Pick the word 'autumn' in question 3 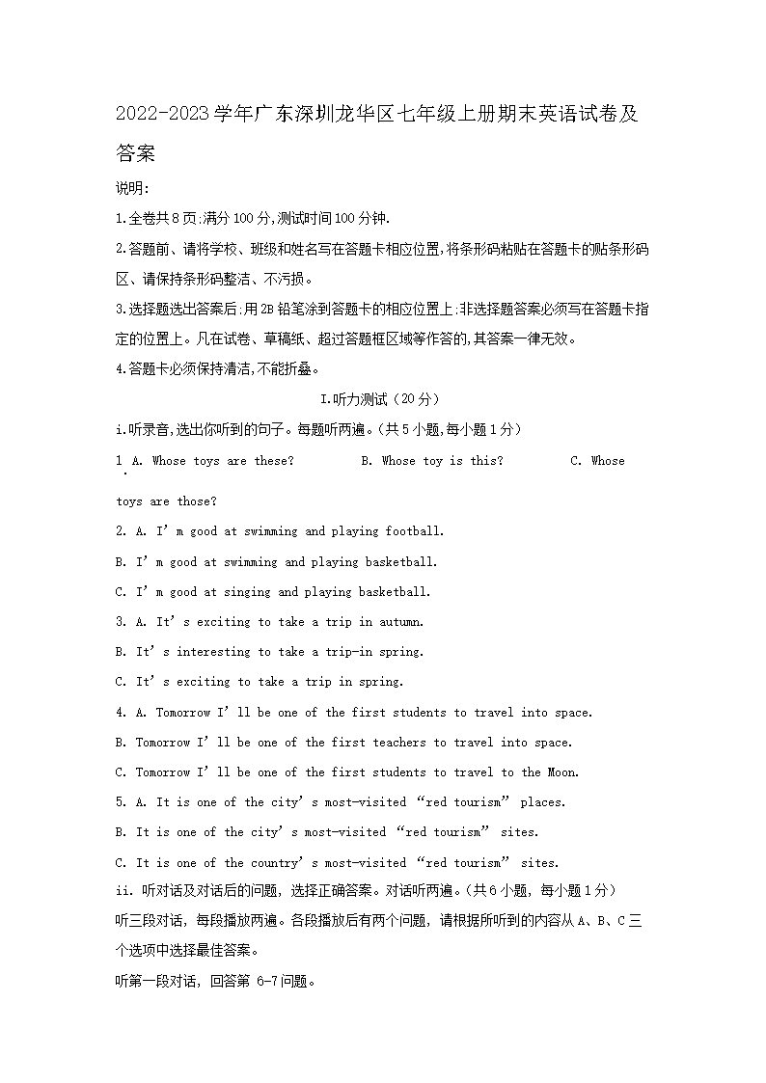point(400,622)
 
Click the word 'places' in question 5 point(543,802)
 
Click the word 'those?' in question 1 point(197,501)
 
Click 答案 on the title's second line point(135,152)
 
